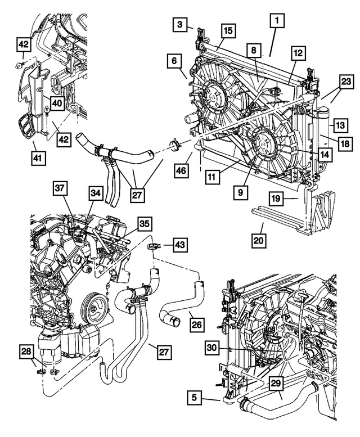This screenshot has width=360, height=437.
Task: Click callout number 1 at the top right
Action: point(276,21)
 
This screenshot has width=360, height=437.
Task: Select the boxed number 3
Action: point(178,25)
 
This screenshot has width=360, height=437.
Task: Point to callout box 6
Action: point(174,61)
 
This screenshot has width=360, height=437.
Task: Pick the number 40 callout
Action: point(57,102)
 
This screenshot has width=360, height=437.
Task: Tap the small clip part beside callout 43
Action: point(152,246)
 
